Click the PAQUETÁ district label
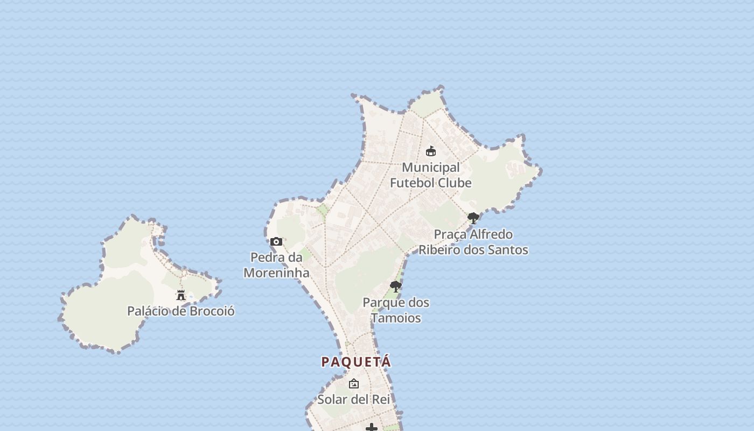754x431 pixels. coord(356,362)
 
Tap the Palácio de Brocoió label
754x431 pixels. coord(180,311)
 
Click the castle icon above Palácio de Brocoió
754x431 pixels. coord(181,295)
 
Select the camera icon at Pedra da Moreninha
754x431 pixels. coord(276,242)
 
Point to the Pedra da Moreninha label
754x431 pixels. coord(276,265)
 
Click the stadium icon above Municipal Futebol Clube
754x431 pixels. coord(431,151)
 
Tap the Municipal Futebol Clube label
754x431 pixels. coord(431,175)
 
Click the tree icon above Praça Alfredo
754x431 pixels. coord(473,218)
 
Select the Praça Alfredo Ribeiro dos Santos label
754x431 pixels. coord(473,242)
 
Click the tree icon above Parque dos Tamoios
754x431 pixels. coord(396,287)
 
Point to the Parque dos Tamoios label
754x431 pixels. coord(396,310)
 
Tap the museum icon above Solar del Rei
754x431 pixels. coord(354,384)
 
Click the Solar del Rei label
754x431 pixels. coord(354,400)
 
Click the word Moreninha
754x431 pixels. coord(276,273)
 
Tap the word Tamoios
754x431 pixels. coord(396,318)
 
